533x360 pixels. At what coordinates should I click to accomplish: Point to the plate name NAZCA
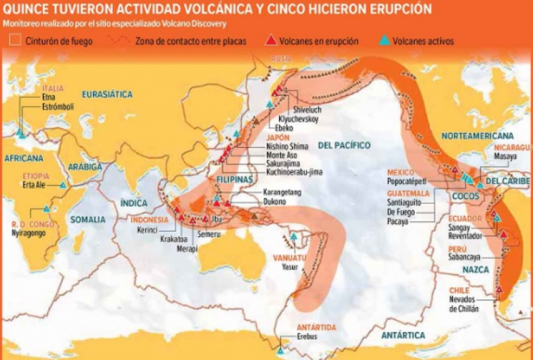pos(473,270)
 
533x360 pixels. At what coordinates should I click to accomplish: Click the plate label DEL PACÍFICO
pos(343,145)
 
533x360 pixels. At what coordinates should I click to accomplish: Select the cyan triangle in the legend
pos(384,41)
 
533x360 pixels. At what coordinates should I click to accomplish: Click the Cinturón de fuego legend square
pos(12,41)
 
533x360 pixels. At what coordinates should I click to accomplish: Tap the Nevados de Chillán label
pos(464,304)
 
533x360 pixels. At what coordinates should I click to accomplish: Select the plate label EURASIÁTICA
pos(107,94)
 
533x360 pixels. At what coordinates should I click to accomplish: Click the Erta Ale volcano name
pos(34,185)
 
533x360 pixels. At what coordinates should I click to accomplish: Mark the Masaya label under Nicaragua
pos(504,156)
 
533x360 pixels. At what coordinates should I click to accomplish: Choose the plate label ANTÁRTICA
pos(403,336)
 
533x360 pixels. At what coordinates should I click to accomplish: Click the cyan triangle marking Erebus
pos(281,350)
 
